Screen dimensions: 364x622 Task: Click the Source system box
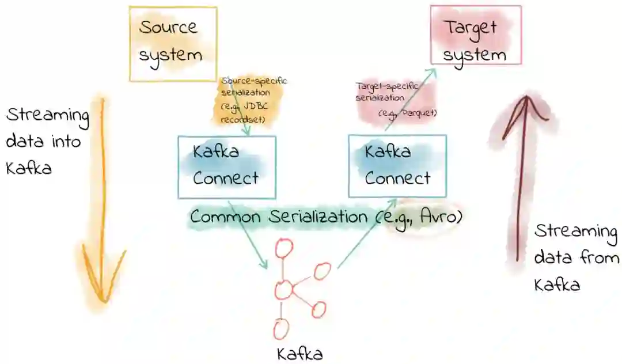tap(165, 43)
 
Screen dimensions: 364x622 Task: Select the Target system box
tap(476, 35)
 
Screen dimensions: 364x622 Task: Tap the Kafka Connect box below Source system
tap(227, 167)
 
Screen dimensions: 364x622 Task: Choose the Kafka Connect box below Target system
tap(397, 166)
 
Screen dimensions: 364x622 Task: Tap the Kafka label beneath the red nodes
tap(300, 352)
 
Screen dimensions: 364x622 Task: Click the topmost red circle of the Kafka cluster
tap(284, 248)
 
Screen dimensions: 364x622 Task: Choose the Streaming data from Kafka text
tap(576, 258)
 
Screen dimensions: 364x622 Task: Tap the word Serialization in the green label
tap(312, 217)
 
